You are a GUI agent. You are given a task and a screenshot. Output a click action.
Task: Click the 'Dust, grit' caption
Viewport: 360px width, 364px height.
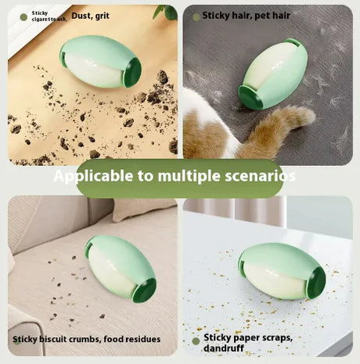pyautogui.click(x=90, y=16)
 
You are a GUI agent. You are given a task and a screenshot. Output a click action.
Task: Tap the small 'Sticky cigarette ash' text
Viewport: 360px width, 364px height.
pyautogui.click(x=49, y=16)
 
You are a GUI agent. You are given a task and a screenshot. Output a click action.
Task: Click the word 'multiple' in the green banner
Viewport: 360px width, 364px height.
pyautogui.click(x=189, y=175)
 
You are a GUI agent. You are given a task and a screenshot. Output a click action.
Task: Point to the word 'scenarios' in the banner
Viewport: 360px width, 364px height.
pyautogui.click(x=260, y=176)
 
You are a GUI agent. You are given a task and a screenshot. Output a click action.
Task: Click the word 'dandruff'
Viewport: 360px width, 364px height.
pyautogui.click(x=224, y=348)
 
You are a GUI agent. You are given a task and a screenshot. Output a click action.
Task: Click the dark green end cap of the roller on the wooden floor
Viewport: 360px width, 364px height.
pyautogui.click(x=132, y=72)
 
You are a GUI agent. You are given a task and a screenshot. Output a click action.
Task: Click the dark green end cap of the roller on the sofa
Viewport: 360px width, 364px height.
pyautogui.click(x=145, y=290)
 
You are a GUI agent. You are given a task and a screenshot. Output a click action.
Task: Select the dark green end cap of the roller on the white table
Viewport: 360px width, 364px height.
pyautogui.click(x=316, y=283)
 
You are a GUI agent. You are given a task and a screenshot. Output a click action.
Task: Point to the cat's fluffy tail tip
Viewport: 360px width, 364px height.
pyautogui.click(x=308, y=117)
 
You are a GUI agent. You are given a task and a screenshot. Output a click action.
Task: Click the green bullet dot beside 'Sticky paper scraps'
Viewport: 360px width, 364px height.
pyautogui.click(x=196, y=341)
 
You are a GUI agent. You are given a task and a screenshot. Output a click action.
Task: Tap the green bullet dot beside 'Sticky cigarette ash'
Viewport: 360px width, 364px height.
pyautogui.click(x=23, y=17)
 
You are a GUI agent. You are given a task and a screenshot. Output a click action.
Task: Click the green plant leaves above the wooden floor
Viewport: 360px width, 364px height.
pyautogui.click(x=166, y=12)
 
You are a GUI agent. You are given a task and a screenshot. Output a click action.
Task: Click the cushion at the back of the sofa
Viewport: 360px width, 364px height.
pyautogui.click(x=143, y=209)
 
